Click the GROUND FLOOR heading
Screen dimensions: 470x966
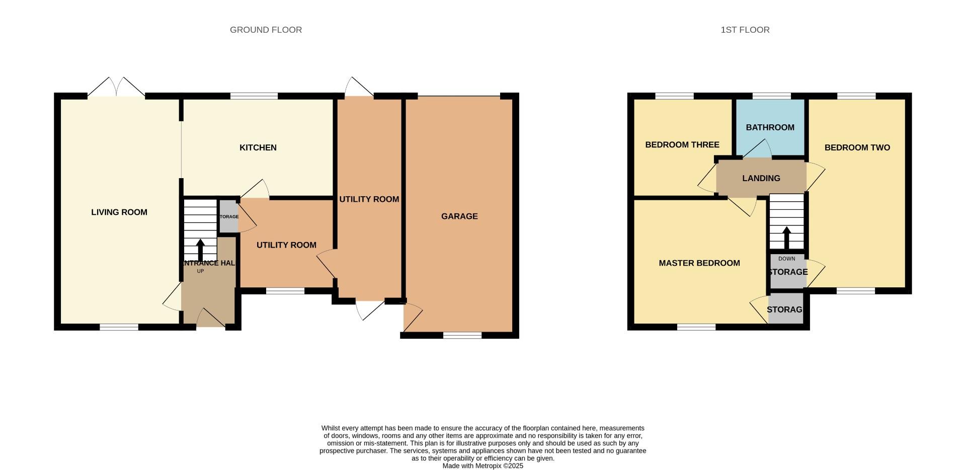point(266,30)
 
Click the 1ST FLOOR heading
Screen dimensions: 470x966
point(745,30)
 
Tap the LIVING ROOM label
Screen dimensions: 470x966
point(119,212)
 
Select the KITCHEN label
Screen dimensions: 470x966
point(258,147)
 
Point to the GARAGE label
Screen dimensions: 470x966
point(459,216)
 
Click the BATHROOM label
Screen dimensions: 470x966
point(770,127)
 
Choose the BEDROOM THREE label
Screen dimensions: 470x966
point(682,145)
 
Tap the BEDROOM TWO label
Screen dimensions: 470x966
point(857,147)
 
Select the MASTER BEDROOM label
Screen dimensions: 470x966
point(699,263)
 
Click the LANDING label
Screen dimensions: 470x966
point(761,178)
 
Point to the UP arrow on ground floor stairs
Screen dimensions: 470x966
point(200,250)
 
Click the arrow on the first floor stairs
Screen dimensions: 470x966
point(786,237)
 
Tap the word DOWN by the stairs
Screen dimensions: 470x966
point(786,259)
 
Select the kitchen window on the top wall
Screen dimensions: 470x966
point(254,96)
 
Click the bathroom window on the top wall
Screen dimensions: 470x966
point(771,96)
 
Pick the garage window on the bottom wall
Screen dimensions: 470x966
point(462,335)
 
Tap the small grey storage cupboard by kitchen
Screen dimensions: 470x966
point(228,216)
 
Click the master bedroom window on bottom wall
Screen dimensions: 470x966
point(696,327)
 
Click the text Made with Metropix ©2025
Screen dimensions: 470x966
point(482,466)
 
